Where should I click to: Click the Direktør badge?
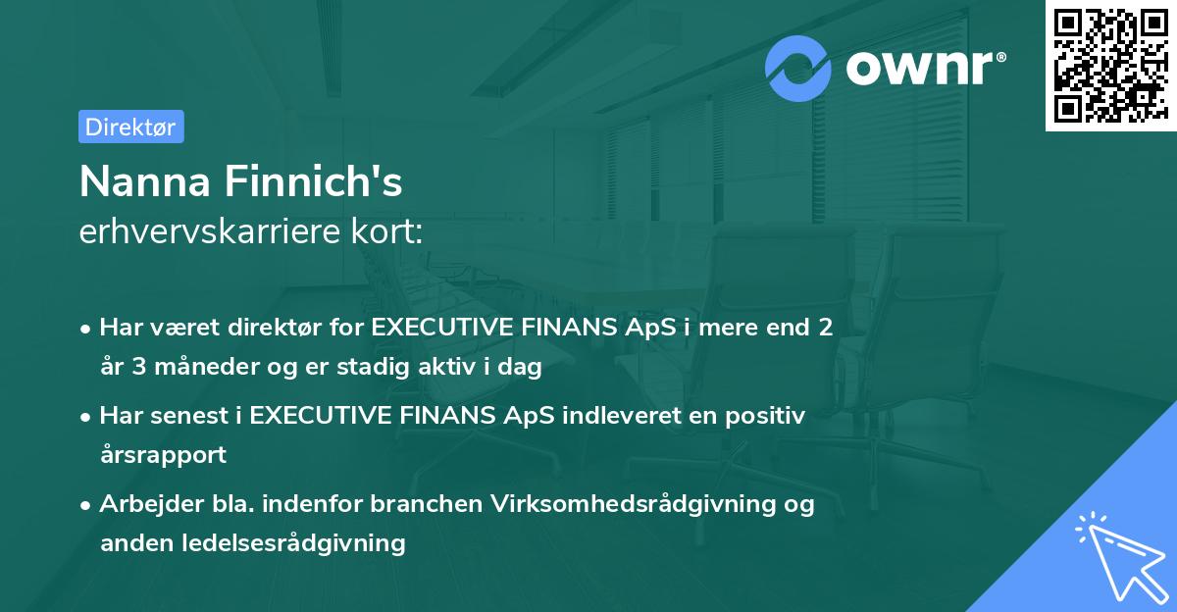click(x=130, y=127)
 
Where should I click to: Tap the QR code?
click(x=1110, y=66)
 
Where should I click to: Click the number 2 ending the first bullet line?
click(x=826, y=328)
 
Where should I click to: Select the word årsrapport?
click(x=163, y=455)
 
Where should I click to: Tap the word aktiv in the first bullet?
click(x=450, y=369)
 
